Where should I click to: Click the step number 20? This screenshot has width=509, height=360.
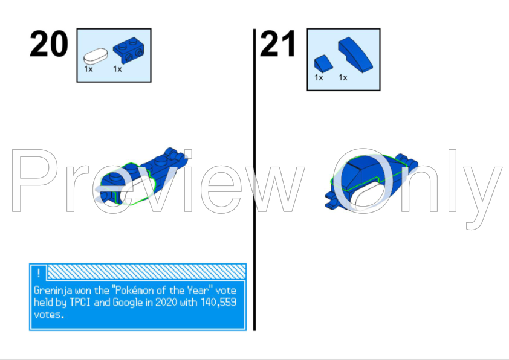pos(48,44)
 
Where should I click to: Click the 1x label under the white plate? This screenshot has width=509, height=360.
pos(88,69)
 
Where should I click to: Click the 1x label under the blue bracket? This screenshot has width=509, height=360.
pos(117,69)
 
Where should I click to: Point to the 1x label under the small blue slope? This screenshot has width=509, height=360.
pos(319,77)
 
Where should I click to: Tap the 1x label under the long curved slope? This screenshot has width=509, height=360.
pos(343,77)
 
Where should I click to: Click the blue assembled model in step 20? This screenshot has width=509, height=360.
pos(142,175)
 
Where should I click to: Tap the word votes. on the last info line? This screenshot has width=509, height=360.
pos(48,315)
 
